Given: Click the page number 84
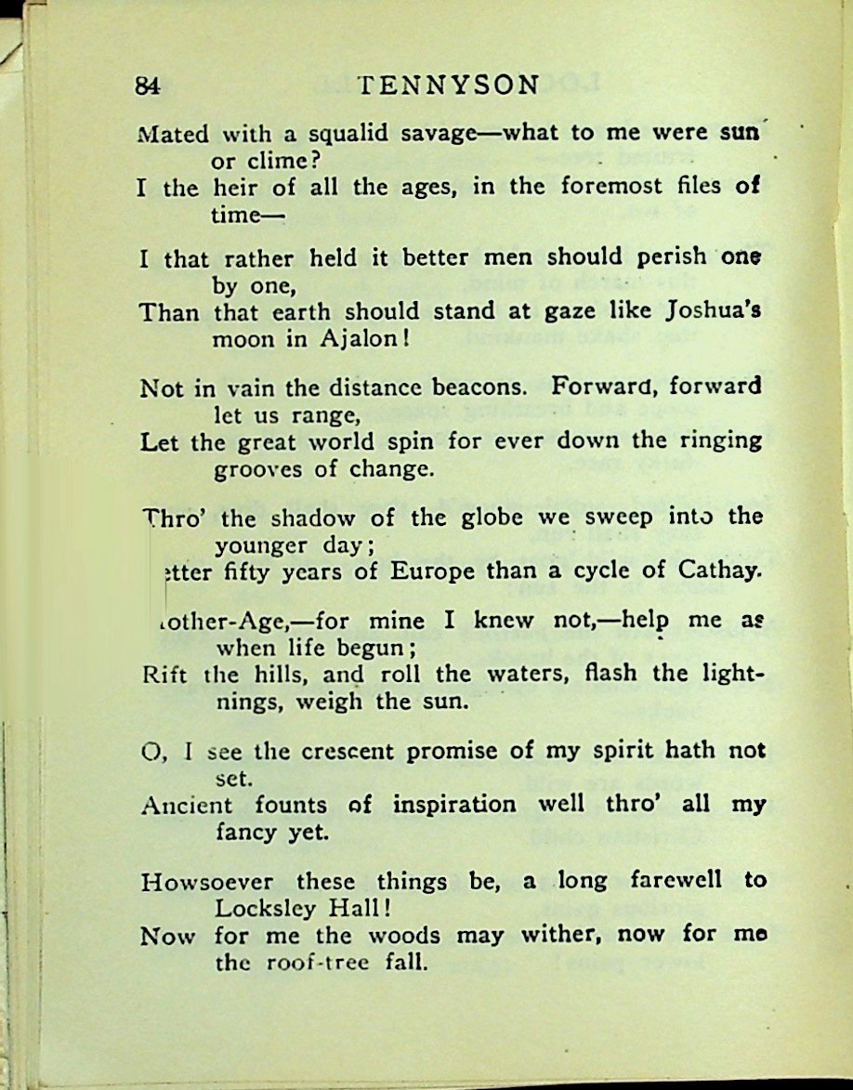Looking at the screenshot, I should coord(149,86).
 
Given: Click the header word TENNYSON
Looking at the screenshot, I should coord(448,85).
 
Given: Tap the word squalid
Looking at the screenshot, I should coord(341,133).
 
